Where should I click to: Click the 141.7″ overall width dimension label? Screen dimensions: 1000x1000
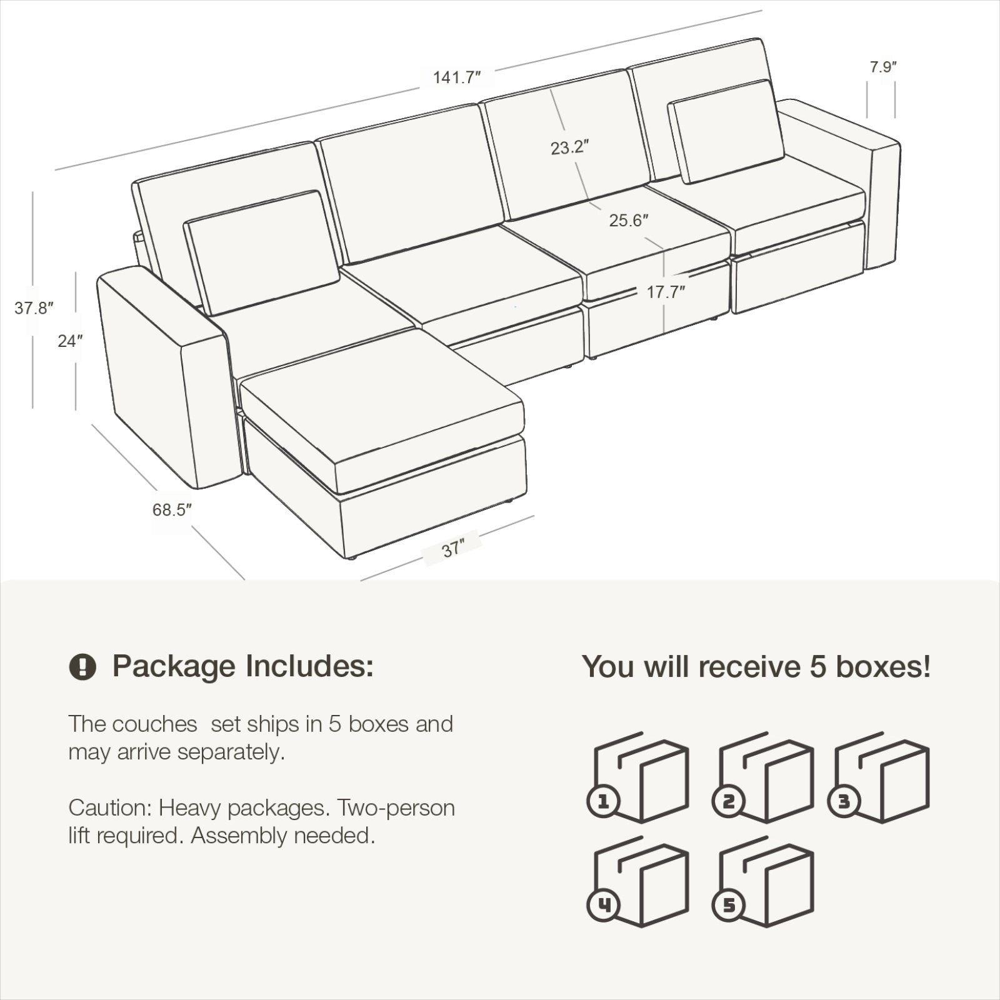click(x=457, y=77)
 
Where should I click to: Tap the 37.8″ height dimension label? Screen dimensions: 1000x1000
click(x=34, y=308)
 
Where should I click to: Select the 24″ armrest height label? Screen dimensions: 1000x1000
click(x=70, y=341)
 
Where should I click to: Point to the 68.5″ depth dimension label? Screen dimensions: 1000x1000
click(x=172, y=510)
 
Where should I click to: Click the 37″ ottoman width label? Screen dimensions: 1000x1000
click(x=452, y=549)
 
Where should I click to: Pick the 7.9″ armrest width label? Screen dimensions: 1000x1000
click(x=883, y=67)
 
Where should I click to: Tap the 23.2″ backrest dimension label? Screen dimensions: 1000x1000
click(x=570, y=148)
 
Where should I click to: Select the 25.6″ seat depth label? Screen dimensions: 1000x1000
click(x=629, y=221)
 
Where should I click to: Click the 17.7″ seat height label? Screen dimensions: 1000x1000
click(x=666, y=292)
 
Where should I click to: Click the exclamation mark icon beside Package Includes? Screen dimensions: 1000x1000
click(x=82, y=667)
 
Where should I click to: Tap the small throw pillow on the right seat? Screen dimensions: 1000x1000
click(x=726, y=131)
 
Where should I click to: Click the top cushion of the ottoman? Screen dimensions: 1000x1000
click(x=382, y=410)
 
